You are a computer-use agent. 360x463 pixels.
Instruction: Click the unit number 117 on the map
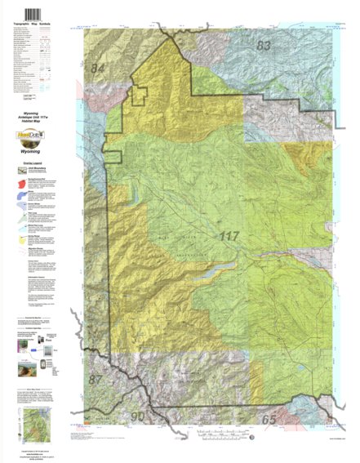(231, 238)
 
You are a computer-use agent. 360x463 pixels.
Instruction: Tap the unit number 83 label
(263, 46)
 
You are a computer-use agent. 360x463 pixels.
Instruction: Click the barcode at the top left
(33, 14)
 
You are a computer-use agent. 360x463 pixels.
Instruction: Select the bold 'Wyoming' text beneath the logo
(33, 151)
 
